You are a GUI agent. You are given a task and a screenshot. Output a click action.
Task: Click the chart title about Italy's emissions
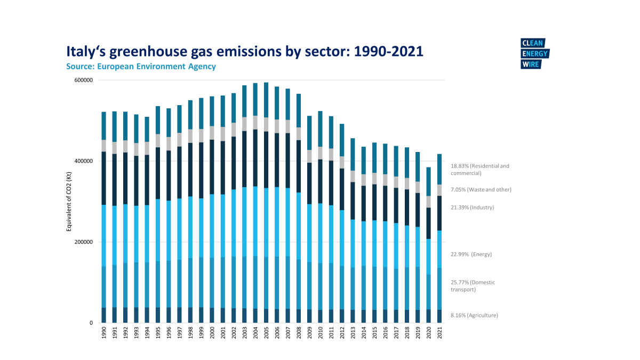pyautogui.click(x=244, y=51)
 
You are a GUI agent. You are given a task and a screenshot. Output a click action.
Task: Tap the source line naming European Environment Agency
pyautogui.click(x=141, y=67)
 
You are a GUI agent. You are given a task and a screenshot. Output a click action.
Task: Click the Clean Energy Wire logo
pyautogui.click(x=534, y=54)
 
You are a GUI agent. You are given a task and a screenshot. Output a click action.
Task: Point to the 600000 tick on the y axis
pyautogui.click(x=82, y=80)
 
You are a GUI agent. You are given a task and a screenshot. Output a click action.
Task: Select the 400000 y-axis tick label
pyautogui.click(x=82, y=161)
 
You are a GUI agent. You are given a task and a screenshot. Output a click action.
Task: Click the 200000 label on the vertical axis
pyautogui.click(x=82, y=242)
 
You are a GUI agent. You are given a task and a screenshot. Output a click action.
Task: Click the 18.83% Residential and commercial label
pyautogui.click(x=480, y=170)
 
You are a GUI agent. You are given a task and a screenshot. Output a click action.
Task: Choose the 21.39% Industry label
pyautogui.click(x=473, y=207)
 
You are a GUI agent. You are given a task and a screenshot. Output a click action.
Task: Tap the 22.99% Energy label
pyautogui.click(x=471, y=254)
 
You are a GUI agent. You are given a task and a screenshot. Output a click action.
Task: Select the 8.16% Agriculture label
pyautogui.click(x=475, y=315)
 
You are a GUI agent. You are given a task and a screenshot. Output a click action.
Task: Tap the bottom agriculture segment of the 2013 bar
pyautogui.click(x=353, y=316)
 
